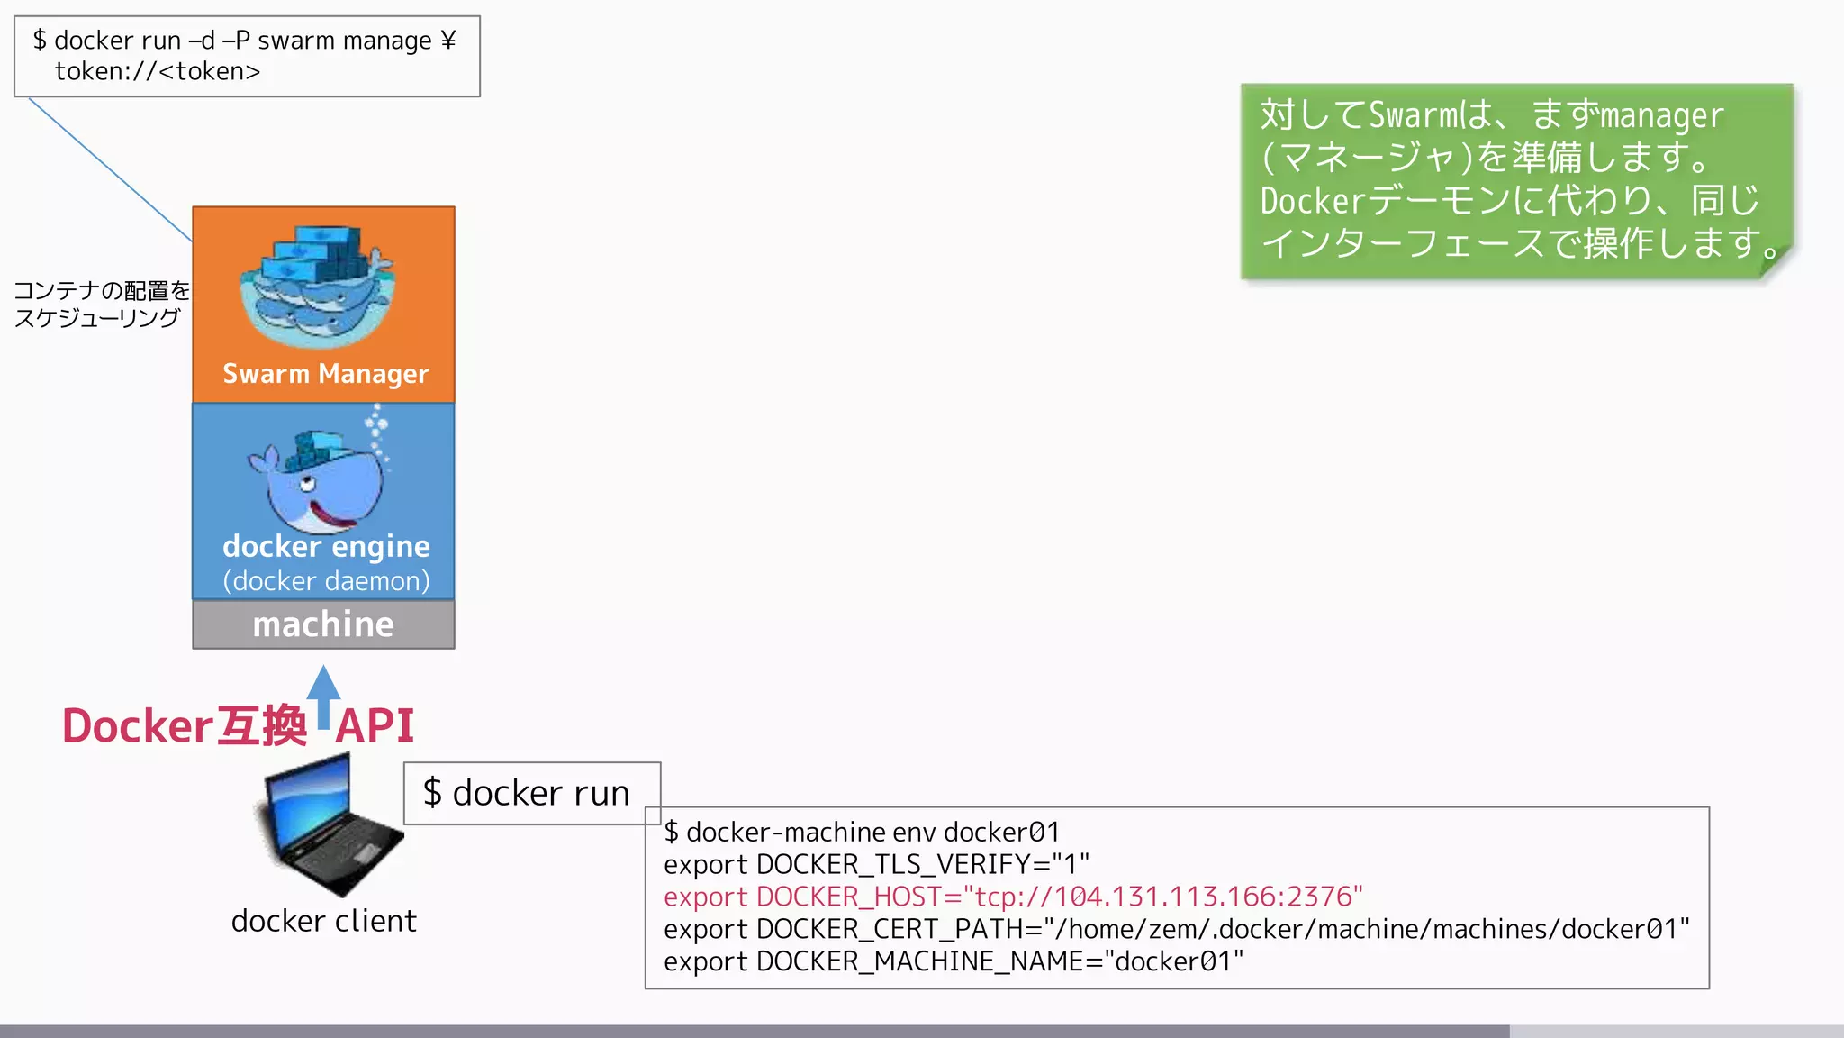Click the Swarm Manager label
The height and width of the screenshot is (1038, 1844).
pyautogui.click(x=325, y=373)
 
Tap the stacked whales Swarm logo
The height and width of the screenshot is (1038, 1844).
pyautogui.click(x=317, y=287)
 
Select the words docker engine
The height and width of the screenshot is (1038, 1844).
pyautogui.click(x=326, y=546)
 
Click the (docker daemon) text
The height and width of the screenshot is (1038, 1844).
pyautogui.click(x=326, y=581)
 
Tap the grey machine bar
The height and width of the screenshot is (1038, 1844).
pyautogui.click(x=323, y=624)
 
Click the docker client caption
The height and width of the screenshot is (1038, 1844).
pyautogui.click(x=323, y=921)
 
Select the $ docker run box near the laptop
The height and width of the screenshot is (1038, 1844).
pyautogui.click(x=531, y=793)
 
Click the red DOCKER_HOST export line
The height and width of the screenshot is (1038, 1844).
pyautogui.click(x=1013, y=897)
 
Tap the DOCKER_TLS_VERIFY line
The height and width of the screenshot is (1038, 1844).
pyautogui.click(x=876, y=864)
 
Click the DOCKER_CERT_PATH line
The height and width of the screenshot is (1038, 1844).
pyautogui.click(x=1176, y=929)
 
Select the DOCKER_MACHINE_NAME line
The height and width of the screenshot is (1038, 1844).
pyautogui.click(x=953, y=961)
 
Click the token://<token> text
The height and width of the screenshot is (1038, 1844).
pyautogui.click(x=158, y=71)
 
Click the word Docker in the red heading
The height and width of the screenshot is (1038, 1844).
pyautogui.click(x=137, y=726)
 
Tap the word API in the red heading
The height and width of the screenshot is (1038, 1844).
pyautogui.click(x=375, y=726)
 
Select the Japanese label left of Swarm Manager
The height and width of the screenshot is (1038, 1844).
pyautogui.click(x=101, y=304)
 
